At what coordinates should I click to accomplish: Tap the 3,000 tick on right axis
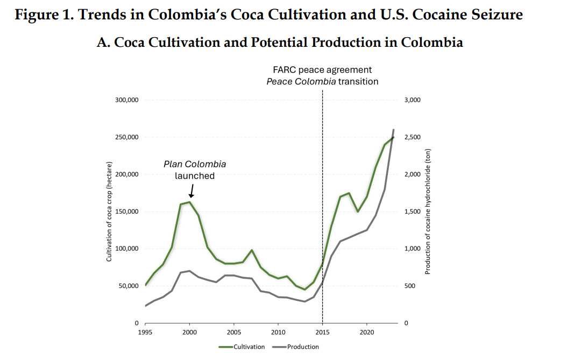pyautogui.click(x=412, y=100)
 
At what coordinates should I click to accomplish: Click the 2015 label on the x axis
pyautogui.click(x=322, y=333)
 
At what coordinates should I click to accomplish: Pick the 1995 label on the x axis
pyautogui.click(x=145, y=333)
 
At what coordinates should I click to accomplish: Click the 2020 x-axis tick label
pyautogui.click(x=366, y=333)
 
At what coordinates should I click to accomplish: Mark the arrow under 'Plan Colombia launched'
pyautogui.click(x=192, y=190)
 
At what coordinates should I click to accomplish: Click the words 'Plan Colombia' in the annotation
pyautogui.click(x=195, y=164)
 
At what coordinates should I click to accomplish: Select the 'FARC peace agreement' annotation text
pyautogui.click(x=322, y=70)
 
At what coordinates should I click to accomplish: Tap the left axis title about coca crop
pyautogui.click(x=109, y=211)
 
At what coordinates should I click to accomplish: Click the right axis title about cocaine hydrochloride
pyautogui.click(x=428, y=211)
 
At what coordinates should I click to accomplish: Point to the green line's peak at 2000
pyautogui.click(x=189, y=202)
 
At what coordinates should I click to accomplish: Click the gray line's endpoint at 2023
pyautogui.click(x=394, y=130)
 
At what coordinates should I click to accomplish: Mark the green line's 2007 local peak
pyautogui.click(x=252, y=250)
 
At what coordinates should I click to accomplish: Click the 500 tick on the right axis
pyautogui.click(x=410, y=286)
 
